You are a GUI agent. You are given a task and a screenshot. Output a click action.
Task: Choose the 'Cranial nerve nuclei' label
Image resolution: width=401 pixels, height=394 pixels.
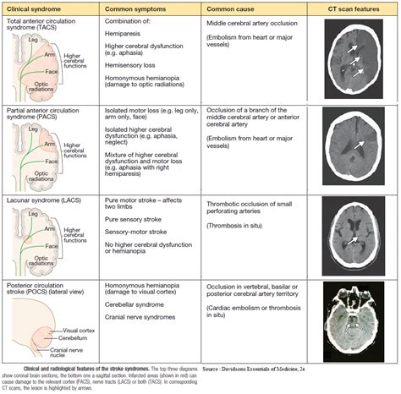(x=95, y=350)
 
